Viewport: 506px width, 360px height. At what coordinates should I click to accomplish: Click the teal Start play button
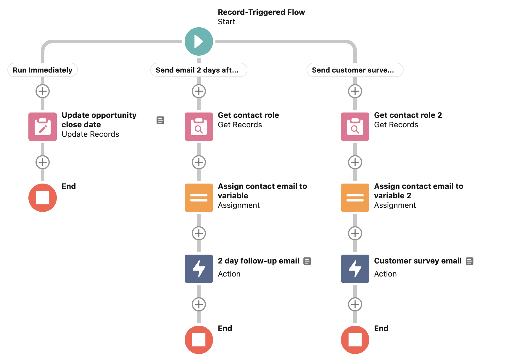pos(199,41)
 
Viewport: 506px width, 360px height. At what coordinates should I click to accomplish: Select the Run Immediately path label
pos(43,70)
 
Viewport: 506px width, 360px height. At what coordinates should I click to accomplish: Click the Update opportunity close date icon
pos(43,127)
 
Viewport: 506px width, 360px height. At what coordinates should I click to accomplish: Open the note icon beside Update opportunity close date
pos(160,120)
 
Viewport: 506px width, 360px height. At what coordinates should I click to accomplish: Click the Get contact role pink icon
pos(199,127)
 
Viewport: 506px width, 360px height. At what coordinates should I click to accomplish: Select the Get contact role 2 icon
pos(355,127)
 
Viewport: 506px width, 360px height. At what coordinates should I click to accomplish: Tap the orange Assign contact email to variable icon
pos(199,198)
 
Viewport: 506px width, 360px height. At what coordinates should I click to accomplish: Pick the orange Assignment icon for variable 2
pos(355,198)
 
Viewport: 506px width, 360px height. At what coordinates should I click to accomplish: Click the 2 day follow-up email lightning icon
pos(199,269)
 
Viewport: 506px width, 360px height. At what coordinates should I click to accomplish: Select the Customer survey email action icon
pos(355,269)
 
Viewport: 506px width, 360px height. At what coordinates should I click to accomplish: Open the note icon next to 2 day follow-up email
pos(307,261)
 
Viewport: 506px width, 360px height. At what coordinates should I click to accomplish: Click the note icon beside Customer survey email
pos(469,261)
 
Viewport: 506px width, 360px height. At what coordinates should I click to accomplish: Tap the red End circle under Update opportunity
pos(43,198)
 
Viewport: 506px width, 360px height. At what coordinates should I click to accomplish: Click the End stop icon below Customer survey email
pos(355,340)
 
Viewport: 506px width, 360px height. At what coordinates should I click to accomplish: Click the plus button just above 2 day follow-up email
pos(199,233)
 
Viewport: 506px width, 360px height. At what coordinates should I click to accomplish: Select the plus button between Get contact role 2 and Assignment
pos(355,162)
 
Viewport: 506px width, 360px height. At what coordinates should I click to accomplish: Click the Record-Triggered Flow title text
pos(261,12)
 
